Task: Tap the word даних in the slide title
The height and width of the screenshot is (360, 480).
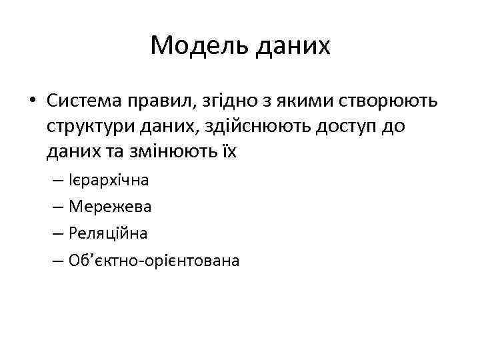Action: coord(290,45)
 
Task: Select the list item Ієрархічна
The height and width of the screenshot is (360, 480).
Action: coord(109,180)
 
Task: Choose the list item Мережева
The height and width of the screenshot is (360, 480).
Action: coord(110,207)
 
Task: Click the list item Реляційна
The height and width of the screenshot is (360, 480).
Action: coord(108,233)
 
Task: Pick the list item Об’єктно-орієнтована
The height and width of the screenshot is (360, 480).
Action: coord(153,260)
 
